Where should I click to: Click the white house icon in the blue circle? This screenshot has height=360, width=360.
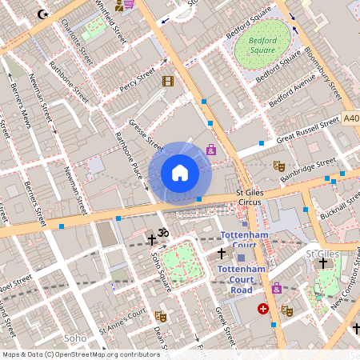tap(180, 172)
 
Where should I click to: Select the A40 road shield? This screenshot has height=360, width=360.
tap(351, 118)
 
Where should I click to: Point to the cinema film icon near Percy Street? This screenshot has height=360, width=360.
tap(167, 81)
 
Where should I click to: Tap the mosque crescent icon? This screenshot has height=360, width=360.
tap(42, 14)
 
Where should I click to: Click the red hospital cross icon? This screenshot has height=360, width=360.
tap(262, 308)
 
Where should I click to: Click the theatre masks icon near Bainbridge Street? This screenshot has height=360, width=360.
tap(279, 166)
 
